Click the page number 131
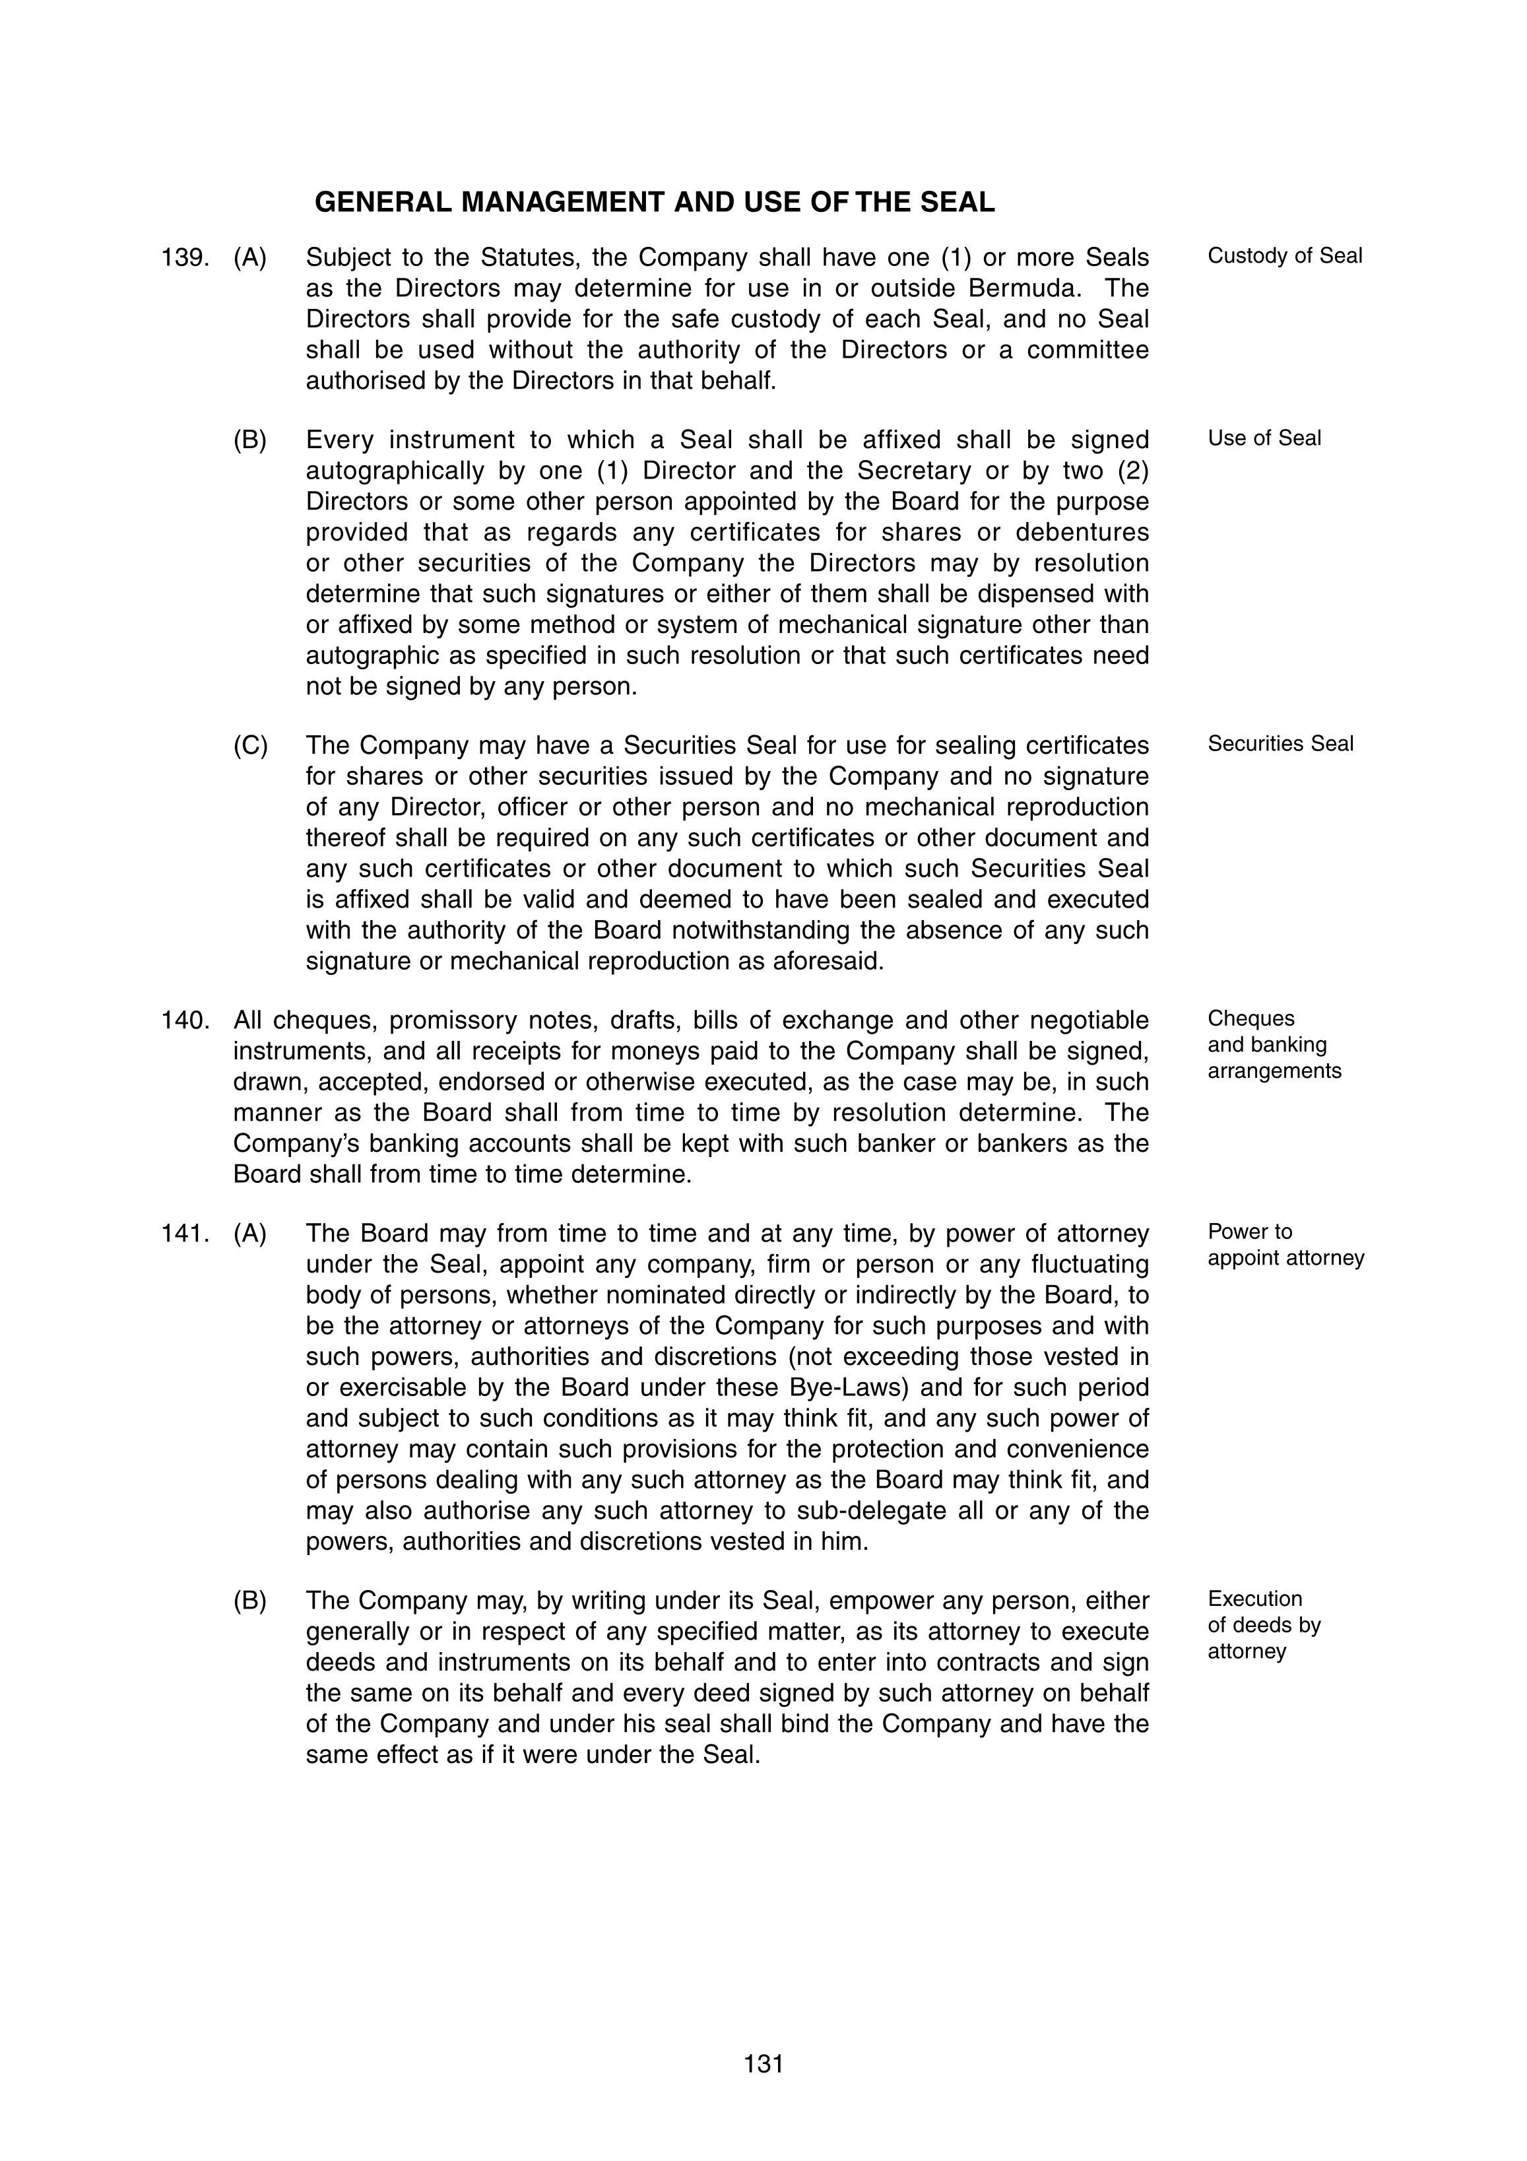click(x=763, y=2063)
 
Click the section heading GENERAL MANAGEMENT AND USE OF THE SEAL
click(x=654, y=203)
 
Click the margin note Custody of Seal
click(x=1284, y=256)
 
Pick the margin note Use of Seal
click(x=1264, y=438)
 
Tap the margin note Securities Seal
click(x=1280, y=744)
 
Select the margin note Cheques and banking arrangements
click(x=1273, y=1045)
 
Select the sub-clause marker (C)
click(x=250, y=745)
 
